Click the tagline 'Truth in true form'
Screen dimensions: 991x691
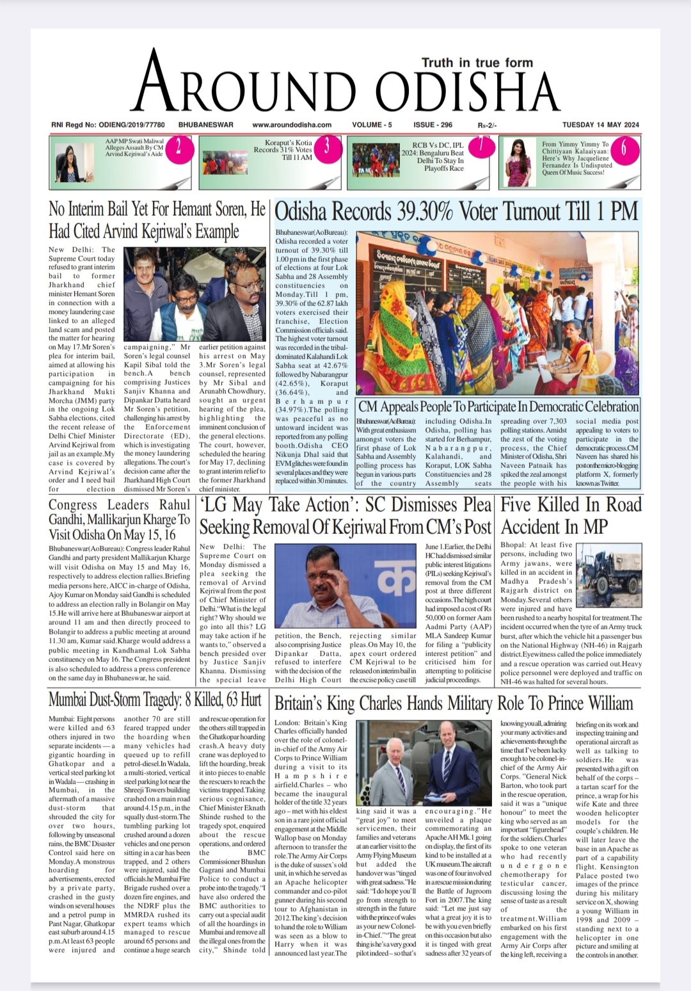tap(477, 63)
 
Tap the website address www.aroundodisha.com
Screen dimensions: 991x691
tap(292, 125)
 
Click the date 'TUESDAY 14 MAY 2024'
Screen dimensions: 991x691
tap(601, 125)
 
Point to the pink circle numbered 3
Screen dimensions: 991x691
tap(326, 147)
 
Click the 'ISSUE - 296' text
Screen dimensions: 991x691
tap(433, 125)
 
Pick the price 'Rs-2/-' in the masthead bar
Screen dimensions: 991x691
tap(486, 125)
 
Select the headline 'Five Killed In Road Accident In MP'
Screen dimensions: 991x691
tap(570, 515)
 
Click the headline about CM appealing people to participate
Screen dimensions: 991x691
tap(498, 407)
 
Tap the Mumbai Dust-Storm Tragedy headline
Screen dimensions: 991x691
tap(155, 700)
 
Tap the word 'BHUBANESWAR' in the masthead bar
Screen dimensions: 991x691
tap(205, 125)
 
